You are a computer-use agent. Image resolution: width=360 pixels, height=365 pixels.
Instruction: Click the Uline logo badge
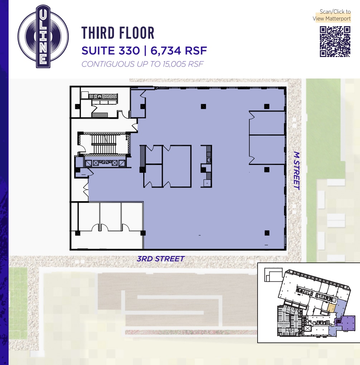coord(43,36)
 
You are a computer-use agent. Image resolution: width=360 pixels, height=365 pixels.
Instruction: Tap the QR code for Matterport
coord(335,42)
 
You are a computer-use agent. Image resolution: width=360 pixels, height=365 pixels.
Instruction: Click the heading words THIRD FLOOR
coord(118,33)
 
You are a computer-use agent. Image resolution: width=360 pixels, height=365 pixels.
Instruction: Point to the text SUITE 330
coord(111,51)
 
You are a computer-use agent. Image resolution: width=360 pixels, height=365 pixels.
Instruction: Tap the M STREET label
coord(296,170)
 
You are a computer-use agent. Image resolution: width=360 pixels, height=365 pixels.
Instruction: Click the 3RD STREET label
coord(160,259)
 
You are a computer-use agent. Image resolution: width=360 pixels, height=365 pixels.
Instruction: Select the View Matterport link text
coord(332,19)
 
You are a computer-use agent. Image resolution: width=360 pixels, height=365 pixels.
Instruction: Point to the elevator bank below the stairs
coord(105,162)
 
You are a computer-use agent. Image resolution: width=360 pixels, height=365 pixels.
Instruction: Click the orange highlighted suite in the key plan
coord(332,308)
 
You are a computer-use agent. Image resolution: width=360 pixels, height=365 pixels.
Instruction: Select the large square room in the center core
coord(177,166)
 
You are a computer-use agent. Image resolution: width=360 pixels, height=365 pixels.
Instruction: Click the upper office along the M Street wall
coord(267,123)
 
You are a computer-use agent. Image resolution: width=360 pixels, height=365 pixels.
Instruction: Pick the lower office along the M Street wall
coord(267,150)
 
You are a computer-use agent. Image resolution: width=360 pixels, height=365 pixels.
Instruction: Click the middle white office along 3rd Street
coord(110,217)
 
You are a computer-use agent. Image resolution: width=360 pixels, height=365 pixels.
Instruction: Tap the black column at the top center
coord(203,106)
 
